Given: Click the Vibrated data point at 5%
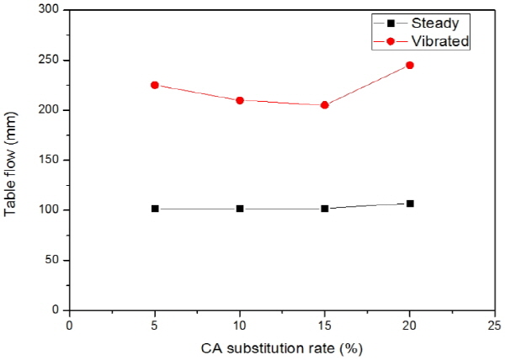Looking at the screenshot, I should pos(155,85).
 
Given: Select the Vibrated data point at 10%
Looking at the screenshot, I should pos(240,100).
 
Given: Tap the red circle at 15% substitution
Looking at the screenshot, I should pos(325,105).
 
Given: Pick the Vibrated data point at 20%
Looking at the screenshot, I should pos(410,65).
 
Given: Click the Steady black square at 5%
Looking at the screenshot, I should pos(155,209).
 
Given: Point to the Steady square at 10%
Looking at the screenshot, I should pos(240,209).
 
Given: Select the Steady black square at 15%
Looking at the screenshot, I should pos(325,209).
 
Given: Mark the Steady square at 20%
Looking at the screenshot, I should pos(410,204).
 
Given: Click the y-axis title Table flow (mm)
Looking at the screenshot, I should pos(12,160).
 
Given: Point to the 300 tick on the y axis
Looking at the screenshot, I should pos(51,10).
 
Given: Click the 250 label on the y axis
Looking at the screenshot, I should pos(51,61).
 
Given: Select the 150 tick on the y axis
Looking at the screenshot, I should pos(51,160).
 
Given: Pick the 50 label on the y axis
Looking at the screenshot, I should pos(55,260).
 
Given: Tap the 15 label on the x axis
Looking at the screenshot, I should pos(325,325).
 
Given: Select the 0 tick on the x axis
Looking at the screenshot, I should pos(70,325).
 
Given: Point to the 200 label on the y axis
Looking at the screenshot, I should pos(51,110).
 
